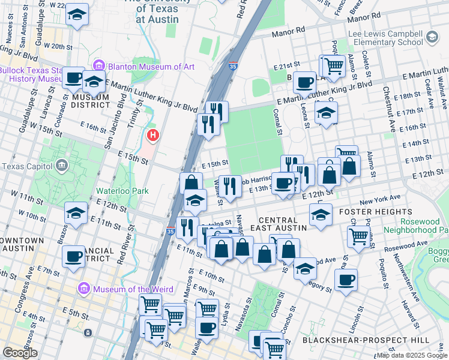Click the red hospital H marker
(152, 136)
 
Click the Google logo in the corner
(20, 353)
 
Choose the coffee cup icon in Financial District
(73, 256)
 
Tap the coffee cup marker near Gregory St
(346, 278)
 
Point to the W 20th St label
(66, 46)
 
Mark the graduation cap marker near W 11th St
(76, 213)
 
